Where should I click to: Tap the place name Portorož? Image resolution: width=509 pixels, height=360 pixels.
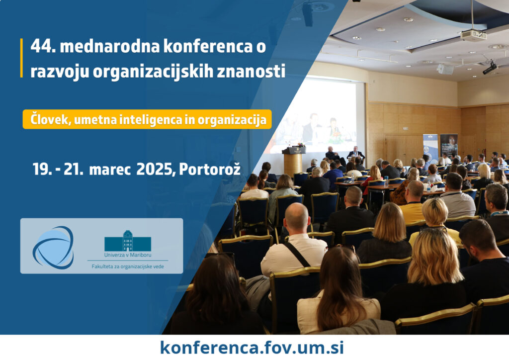click(x=210, y=169)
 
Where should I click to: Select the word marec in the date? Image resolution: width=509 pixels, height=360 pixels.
click(x=110, y=170)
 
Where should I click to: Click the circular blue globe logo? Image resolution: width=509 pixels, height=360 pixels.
click(x=53, y=247)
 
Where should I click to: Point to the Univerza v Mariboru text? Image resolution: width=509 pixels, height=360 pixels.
click(x=128, y=255)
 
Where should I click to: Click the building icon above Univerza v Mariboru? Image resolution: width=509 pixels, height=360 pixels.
click(x=128, y=241)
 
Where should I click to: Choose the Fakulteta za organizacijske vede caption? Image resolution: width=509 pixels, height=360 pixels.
click(x=128, y=267)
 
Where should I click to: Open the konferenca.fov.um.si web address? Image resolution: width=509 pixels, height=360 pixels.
click(x=252, y=348)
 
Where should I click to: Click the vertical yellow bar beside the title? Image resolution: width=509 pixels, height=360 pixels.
click(x=21, y=58)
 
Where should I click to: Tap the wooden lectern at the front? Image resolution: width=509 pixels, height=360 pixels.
click(x=293, y=161)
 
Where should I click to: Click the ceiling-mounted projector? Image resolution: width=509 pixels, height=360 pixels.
click(x=473, y=35)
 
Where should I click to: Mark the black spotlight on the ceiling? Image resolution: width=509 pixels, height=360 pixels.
click(x=490, y=68)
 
